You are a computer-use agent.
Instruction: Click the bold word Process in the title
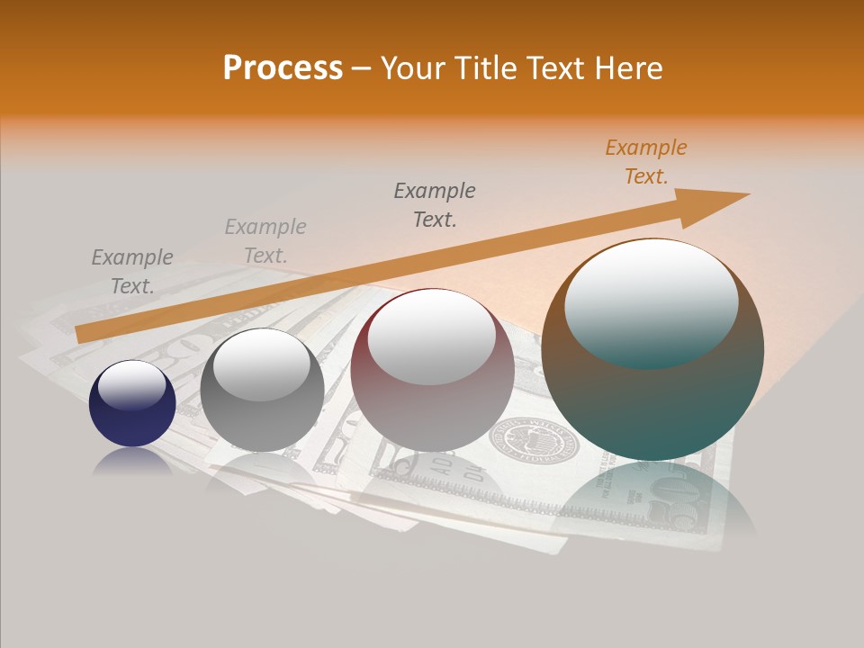283,68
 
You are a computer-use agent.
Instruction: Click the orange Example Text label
645,162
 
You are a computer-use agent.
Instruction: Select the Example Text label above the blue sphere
131,272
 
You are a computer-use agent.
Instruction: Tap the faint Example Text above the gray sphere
265,241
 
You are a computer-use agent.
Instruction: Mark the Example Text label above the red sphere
434,204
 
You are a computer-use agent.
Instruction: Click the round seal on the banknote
533,442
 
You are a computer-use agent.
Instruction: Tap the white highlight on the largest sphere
651,301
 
